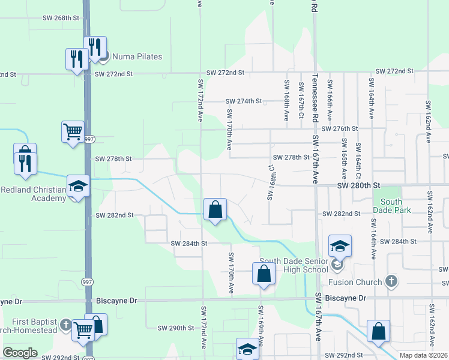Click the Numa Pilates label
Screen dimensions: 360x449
click(134, 56)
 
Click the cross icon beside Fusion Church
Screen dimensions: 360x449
click(391, 281)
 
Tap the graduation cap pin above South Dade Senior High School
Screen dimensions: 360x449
click(340, 246)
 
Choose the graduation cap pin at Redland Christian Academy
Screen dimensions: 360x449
click(77, 186)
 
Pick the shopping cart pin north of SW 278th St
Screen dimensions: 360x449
click(73, 131)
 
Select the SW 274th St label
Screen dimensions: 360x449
click(243, 101)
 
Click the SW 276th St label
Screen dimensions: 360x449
click(339, 128)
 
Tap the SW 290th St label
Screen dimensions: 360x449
click(176, 328)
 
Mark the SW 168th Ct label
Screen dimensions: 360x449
click(270, 182)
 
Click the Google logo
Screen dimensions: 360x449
click(20, 352)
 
